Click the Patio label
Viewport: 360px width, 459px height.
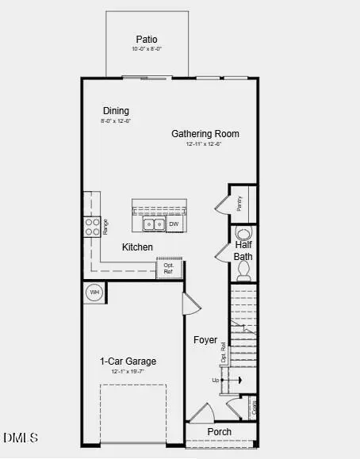[147, 38]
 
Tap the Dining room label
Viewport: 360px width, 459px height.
[116, 111]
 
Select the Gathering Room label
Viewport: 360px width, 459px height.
[205, 133]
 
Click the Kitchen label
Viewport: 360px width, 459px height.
[137, 247]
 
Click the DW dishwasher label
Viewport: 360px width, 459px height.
[173, 224]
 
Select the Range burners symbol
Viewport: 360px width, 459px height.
[90, 228]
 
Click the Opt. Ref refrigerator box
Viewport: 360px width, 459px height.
[168, 269]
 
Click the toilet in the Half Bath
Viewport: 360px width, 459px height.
[243, 233]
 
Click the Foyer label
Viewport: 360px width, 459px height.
[206, 340]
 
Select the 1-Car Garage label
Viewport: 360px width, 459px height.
[128, 361]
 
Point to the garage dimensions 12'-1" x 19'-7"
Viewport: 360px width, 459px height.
[128, 371]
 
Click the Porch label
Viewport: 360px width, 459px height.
[220, 432]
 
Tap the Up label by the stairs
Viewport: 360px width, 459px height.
[215, 381]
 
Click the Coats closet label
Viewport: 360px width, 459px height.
[254, 408]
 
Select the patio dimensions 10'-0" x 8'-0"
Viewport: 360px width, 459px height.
[147, 49]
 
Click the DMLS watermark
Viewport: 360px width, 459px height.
[21, 438]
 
